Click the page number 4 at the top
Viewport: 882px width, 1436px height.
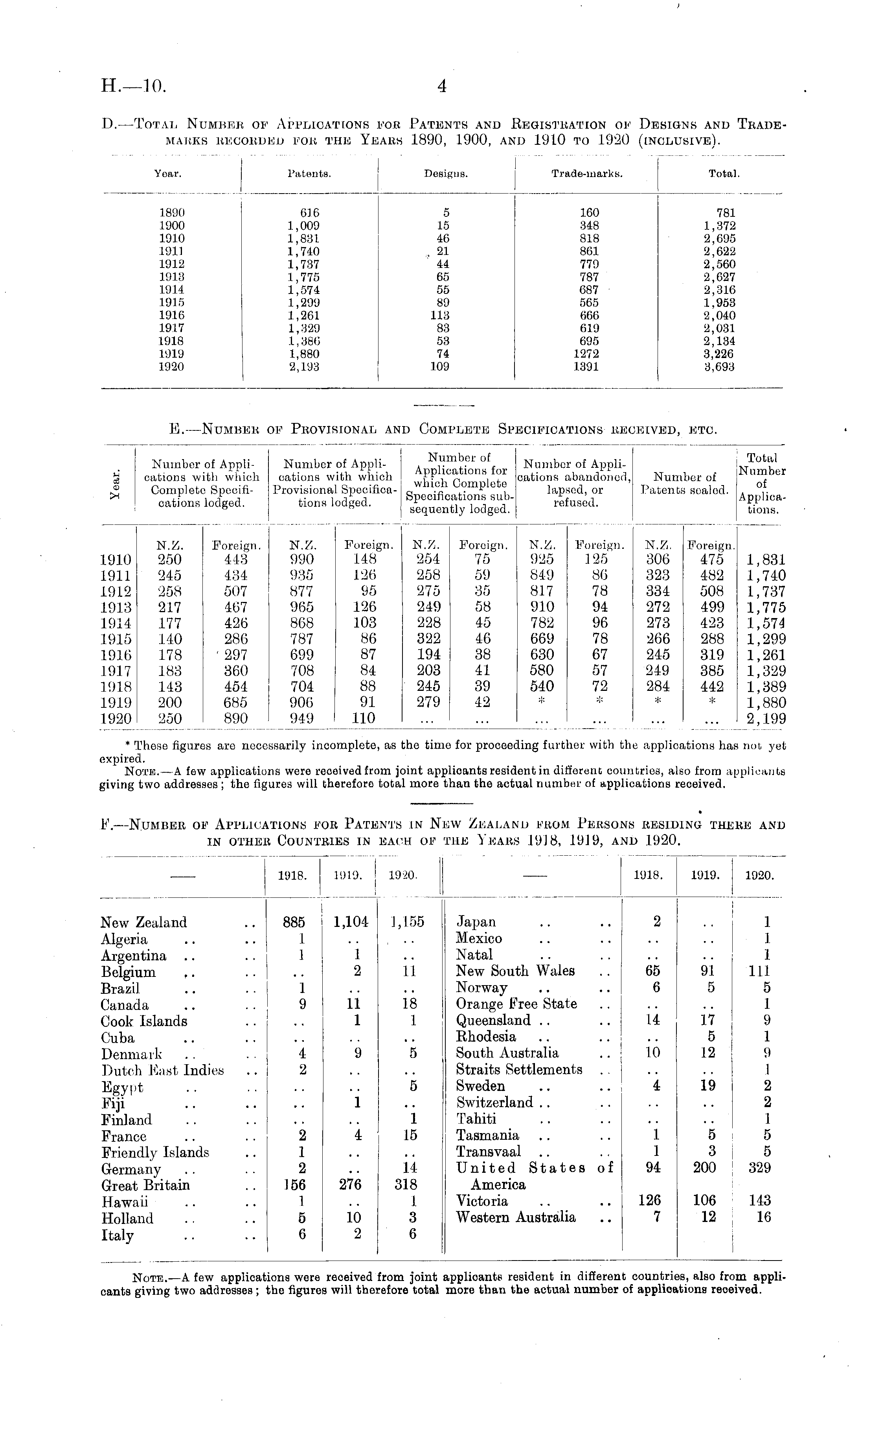click(441, 87)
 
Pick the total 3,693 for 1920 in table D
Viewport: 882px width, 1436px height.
click(719, 367)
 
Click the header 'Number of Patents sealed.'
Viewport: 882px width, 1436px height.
click(684, 484)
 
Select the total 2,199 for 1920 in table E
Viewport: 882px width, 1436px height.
click(766, 718)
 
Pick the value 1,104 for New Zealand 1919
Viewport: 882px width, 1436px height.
click(351, 922)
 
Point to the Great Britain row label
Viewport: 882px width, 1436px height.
click(145, 1185)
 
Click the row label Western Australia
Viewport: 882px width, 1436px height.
click(516, 1217)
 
